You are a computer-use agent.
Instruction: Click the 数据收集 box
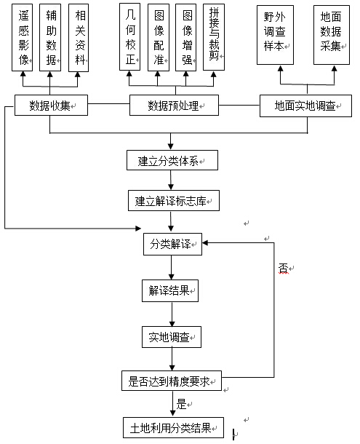pyautogui.click(x=51, y=106)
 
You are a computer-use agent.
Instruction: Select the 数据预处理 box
pyautogui.click(x=174, y=106)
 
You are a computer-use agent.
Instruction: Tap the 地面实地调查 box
pyautogui.click(x=305, y=106)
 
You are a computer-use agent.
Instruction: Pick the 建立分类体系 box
pyautogui.click(x=172, y=160)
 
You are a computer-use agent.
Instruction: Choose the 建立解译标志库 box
pyautogui.click(x=174, y=201)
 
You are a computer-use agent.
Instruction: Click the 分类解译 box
pyautogui.click(x=172, y=244)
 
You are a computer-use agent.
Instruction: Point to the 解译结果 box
pyautogui.click(x=170, y=291)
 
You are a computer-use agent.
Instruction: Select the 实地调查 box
pyautogui.click(x=172, y=337)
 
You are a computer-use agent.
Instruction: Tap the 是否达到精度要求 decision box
pyautogui.click(x=172, y=381)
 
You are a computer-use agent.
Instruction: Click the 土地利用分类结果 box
pyautogui.click(x=173, y=427)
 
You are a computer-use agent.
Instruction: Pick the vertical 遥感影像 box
pyautogui.click(x=22, y=37)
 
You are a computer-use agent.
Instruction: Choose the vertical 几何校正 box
pyautogui.click(x=129, y=37)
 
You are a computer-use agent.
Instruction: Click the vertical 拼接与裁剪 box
pyautogui.click(x=214, y=37)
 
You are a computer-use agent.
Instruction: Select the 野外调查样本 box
pyautogui.click(x=275, y=35)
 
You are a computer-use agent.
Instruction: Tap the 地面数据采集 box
pyautogui.click(x=332, y=35)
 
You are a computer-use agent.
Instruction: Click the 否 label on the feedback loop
pyautogui.click(x=283, y=268)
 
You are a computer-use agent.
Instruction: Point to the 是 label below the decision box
pyautogui.click(x=181, y=404)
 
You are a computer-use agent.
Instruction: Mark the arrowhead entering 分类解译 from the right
pyautogui.click(x=205, y=242)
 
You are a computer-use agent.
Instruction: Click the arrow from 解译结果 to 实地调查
pyautogui.click(x=172, y=314)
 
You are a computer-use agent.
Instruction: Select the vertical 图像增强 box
pyautogui.click(x=185, y=37)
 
